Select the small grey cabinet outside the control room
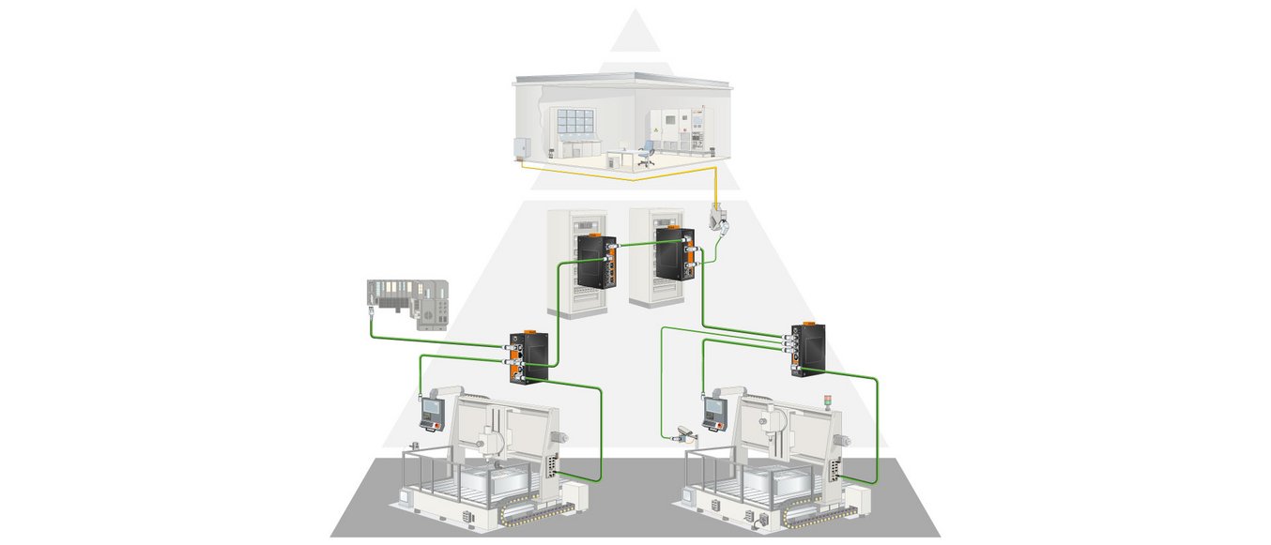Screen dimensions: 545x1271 coord(520,148)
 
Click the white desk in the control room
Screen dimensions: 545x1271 coord(619,156)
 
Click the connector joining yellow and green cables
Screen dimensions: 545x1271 coord(717,221)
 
